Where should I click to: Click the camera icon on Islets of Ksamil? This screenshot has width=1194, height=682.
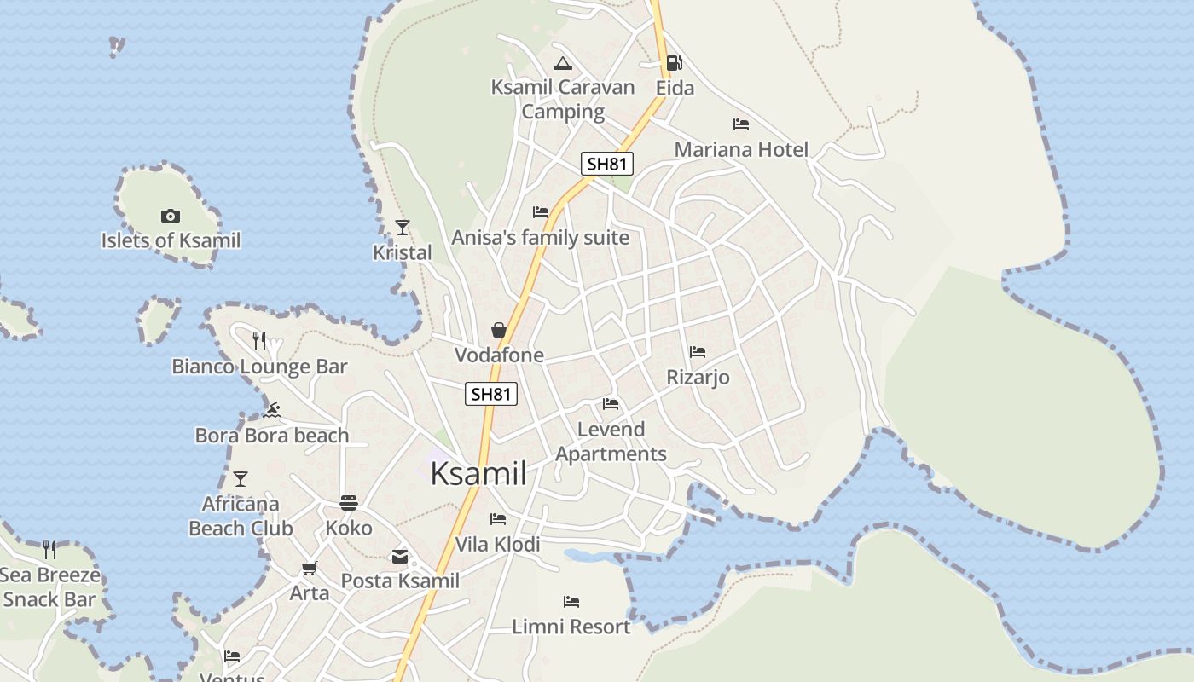pos(171,217)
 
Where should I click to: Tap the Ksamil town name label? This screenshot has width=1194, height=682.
pos(478,473)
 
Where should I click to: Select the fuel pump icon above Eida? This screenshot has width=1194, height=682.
pos(674,62)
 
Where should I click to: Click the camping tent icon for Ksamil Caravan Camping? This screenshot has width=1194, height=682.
pos(562,63)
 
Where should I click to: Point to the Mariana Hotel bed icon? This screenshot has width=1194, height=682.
pos(740,124)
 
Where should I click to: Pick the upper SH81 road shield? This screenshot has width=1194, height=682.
pos(606,164)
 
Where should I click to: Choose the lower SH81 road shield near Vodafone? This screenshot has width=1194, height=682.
pos(491,393)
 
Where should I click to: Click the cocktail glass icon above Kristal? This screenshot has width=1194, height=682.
pos(403,228)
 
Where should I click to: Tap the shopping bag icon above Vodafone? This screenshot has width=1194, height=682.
pos(499,330)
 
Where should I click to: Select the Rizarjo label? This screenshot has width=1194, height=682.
pos(698,377)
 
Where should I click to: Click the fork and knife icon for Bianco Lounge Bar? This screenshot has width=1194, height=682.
pos(259,341)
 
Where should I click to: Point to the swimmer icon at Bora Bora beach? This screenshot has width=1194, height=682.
pos(272,411)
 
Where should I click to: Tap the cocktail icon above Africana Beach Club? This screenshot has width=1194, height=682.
pos(241,479)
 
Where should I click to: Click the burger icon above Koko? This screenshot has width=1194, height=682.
pos(349,502)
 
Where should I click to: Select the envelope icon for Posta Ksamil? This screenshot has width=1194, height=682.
pos(399,557)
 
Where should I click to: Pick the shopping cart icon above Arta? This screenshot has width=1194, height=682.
pos(309,568)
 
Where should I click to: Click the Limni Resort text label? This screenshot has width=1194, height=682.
pos(571,627)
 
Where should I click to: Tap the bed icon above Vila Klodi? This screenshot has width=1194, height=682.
pos(498,518)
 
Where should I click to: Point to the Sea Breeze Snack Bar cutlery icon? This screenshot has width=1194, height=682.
pos(49,550)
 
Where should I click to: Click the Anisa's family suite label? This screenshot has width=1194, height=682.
pos(540,238)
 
